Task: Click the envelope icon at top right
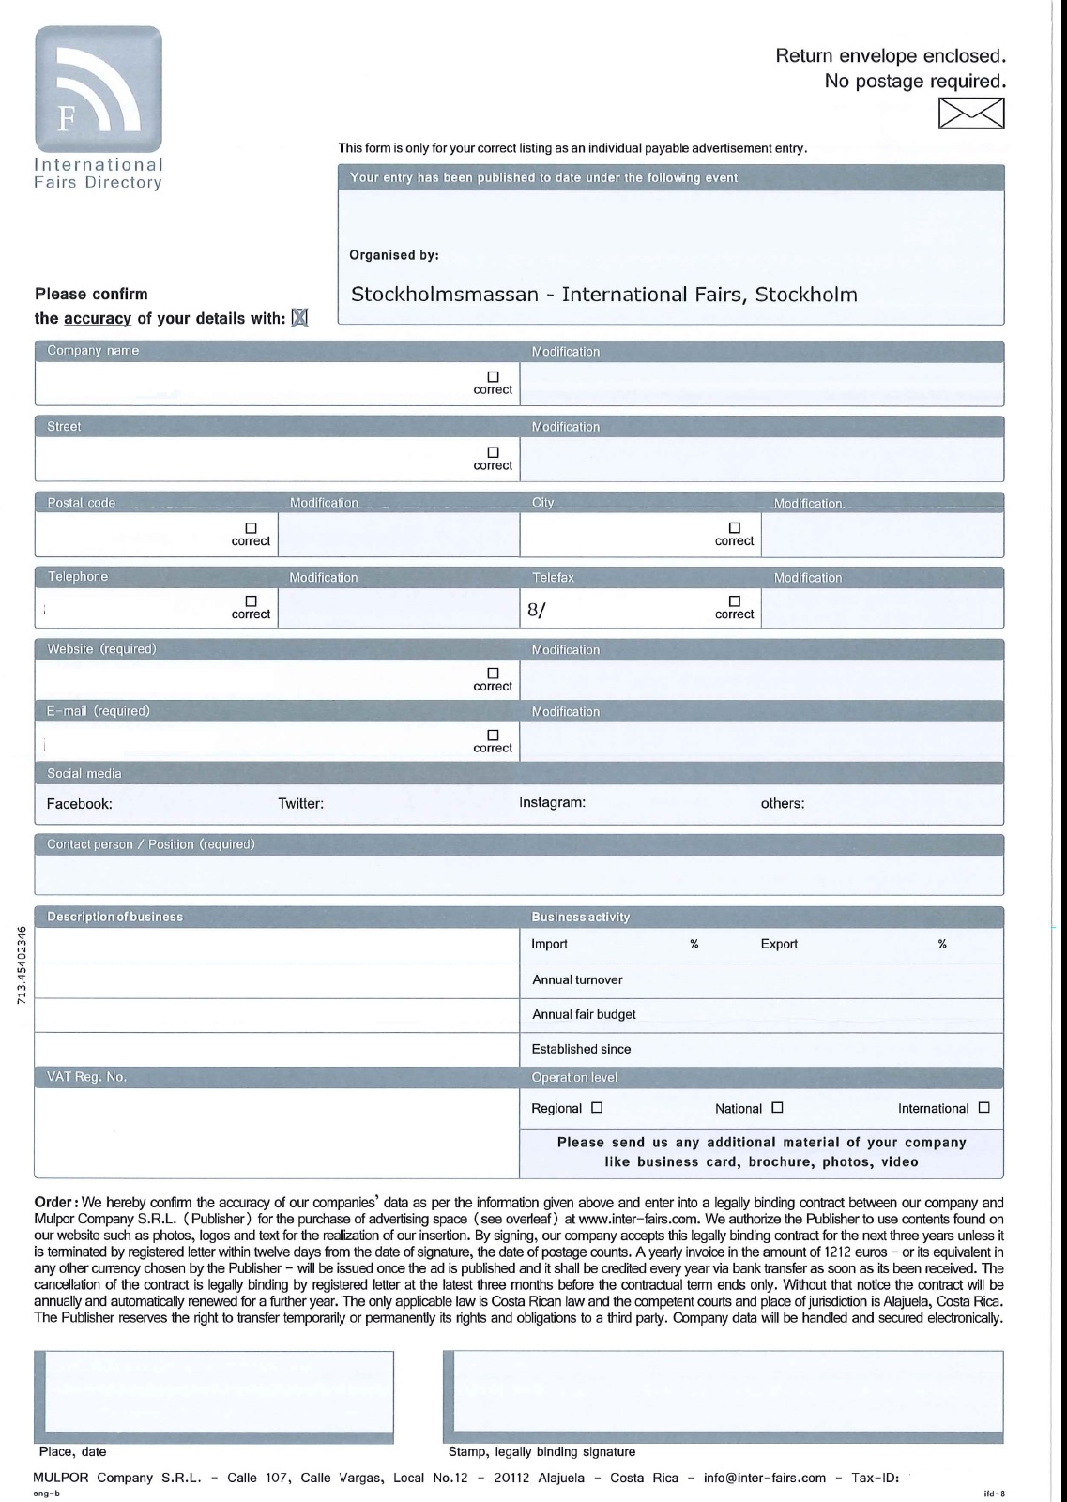tap(971, 113)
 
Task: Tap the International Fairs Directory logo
tap(99, 90)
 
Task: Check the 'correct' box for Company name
tap(493, 377)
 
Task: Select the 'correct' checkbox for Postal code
tap(251, 528)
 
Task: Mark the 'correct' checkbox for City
tap(735, 528)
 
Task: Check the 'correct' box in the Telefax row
tap(735, 601)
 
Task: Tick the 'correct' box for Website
tap(493, 674)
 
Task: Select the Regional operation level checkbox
tap(597, 1108)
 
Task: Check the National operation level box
tap(777, 1108)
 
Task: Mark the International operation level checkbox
tap(983, 1108)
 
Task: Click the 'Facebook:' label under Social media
tap(80, 804)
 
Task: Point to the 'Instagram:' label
tap(553, 803)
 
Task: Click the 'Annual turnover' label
tap(577, 980)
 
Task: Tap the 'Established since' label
tap(581, 1050)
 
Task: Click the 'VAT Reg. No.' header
tap(87, 1078)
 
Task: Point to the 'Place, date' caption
tap(73, 1452)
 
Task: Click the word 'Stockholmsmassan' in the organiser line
tap(445, 295)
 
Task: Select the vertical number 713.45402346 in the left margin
tap(21, 965)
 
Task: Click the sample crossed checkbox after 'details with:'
tap(299, 318)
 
